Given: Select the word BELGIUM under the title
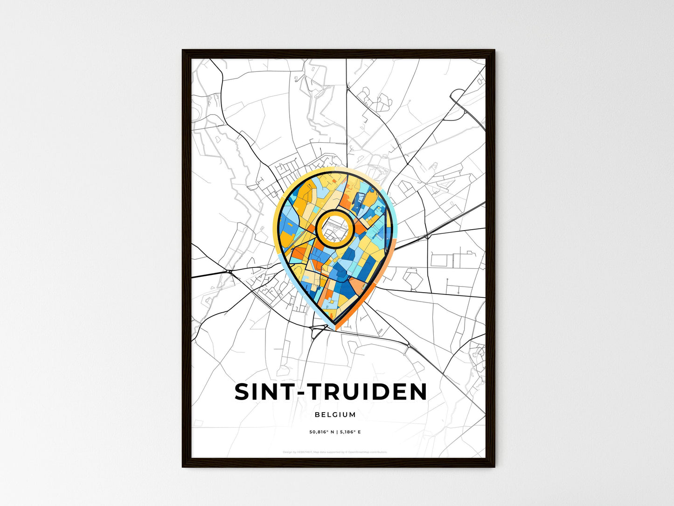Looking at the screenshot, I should coord(335,415).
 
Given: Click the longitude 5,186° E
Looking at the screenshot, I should coord(350,432).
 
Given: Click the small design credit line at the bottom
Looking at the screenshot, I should coord(335,452).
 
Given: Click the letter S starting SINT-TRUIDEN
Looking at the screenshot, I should coord(243,392).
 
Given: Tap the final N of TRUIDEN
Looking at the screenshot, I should coord(417,392).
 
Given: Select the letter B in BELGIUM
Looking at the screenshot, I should coord(317,415).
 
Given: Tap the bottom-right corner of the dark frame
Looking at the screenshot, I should coord(494,466).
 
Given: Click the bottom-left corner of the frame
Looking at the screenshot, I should coord(183,466).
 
